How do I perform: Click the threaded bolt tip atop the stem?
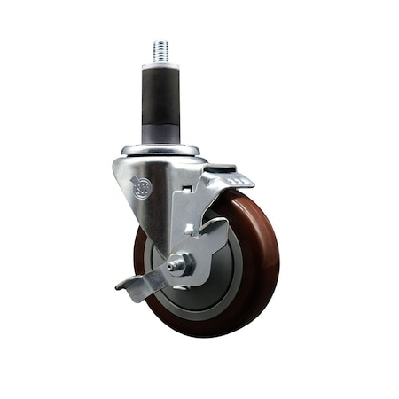tap(161, 51)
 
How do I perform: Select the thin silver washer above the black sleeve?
tap(161, 66)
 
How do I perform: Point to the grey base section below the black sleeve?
tap(161, 134)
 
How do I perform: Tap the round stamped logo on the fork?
tap(141, 187)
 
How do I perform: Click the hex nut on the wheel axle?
tap(178, 263)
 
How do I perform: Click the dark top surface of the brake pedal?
tap(221, 168)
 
